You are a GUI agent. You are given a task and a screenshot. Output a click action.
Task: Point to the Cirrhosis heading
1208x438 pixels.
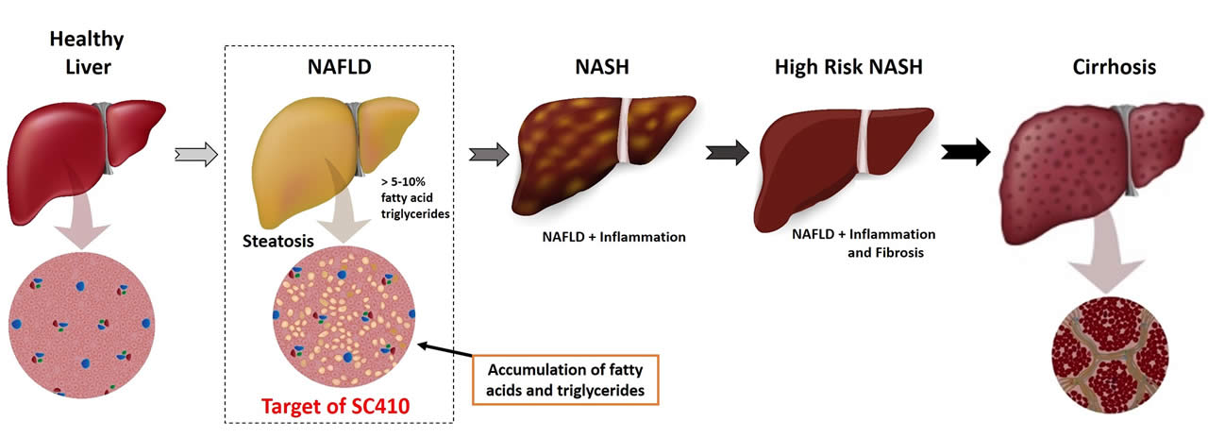pyautogui.click(x=1115, y=68)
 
